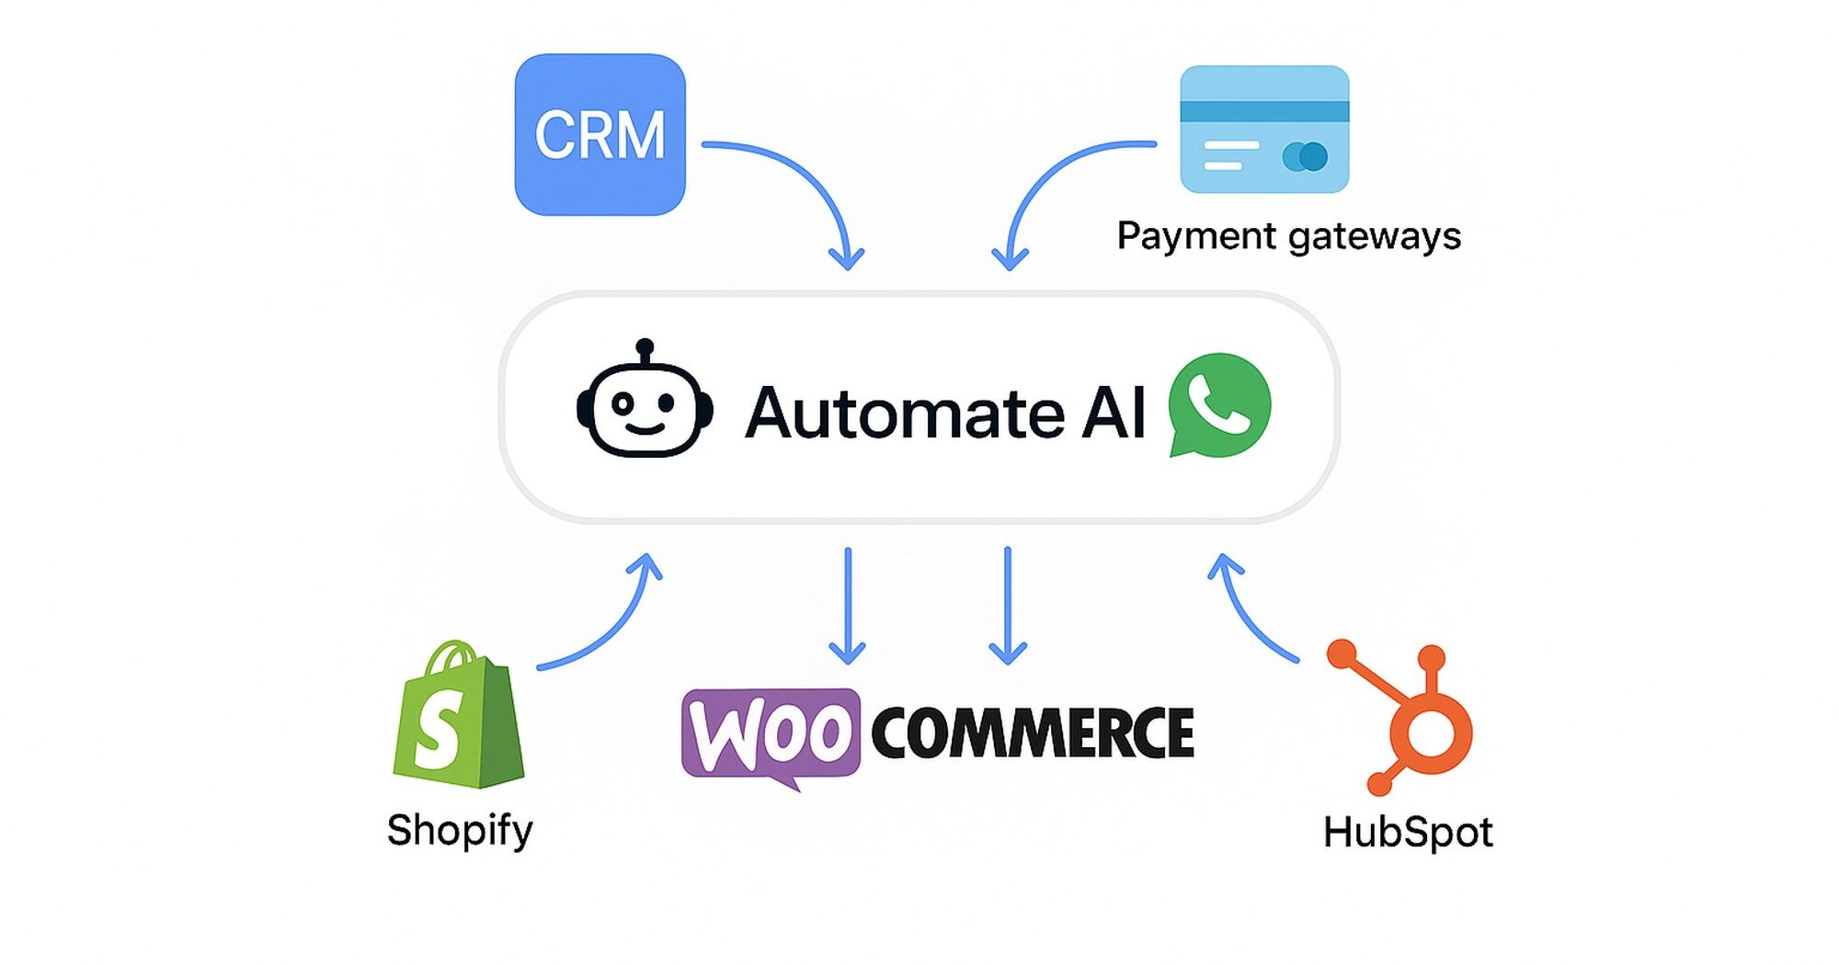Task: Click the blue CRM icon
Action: click(600, 134)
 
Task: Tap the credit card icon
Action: click(1264, 130)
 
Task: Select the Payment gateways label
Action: click(1288, 236)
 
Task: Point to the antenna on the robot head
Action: click(645, 349)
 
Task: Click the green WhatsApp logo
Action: click(1219, 404)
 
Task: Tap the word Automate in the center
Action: click(905, 413)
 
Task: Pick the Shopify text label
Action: click(460, 830)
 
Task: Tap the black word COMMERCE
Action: click(1032, 733)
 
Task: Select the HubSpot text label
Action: click(1407, 833)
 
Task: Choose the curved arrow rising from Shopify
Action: click(616, 625)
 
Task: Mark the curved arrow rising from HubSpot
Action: click(1246, 616)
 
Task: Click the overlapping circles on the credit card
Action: click(1305, 156)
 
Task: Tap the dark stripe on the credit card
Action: click(1264, 111)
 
